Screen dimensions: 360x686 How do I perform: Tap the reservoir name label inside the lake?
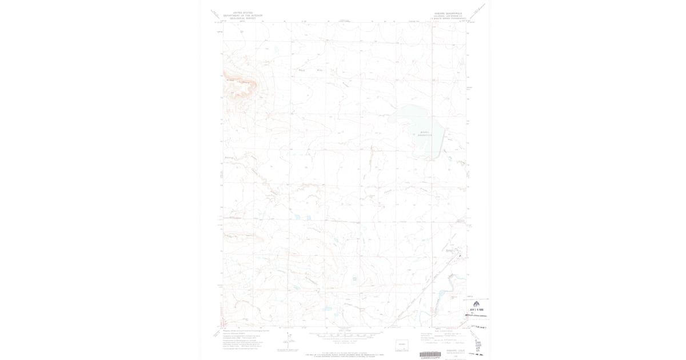click(x=424, y=134)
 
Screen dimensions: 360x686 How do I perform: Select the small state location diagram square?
click(x=402, y=345)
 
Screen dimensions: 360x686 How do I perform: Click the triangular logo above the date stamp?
click(x=476, y=303)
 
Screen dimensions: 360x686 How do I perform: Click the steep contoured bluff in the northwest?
click(x=240, y=86)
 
